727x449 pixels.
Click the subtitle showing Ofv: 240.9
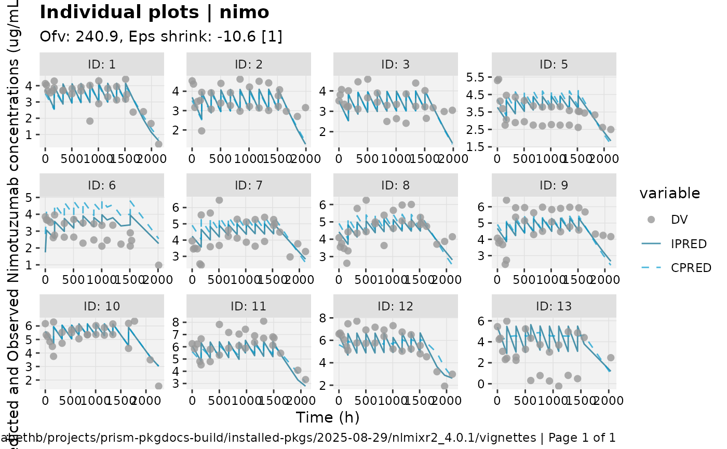pos(161,37)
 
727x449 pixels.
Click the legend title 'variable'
pos(670,194)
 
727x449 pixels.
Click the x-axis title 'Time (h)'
pos(328,417)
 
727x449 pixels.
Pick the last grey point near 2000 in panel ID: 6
pos(158,265)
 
